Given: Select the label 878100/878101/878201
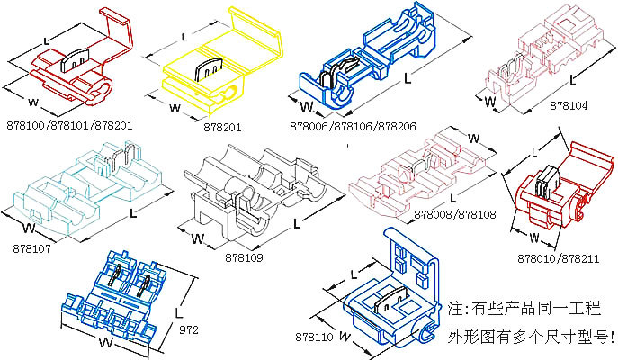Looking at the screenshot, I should click(x=68, y=126).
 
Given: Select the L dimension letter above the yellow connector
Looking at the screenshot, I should click(x=184, y=37).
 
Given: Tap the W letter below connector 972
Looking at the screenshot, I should click(x=104, y=343).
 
